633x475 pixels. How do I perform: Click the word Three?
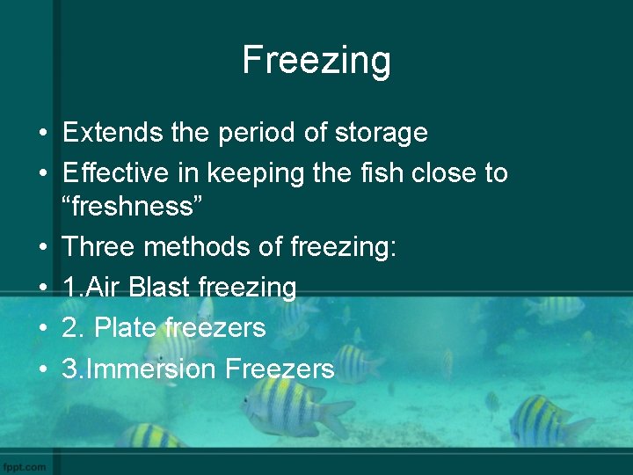point(98,247)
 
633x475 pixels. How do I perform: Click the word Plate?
point(126,328)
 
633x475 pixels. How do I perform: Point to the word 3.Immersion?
point(139,369)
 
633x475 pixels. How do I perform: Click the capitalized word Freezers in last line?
point(280,369)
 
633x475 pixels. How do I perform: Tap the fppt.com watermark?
point(25,466)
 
